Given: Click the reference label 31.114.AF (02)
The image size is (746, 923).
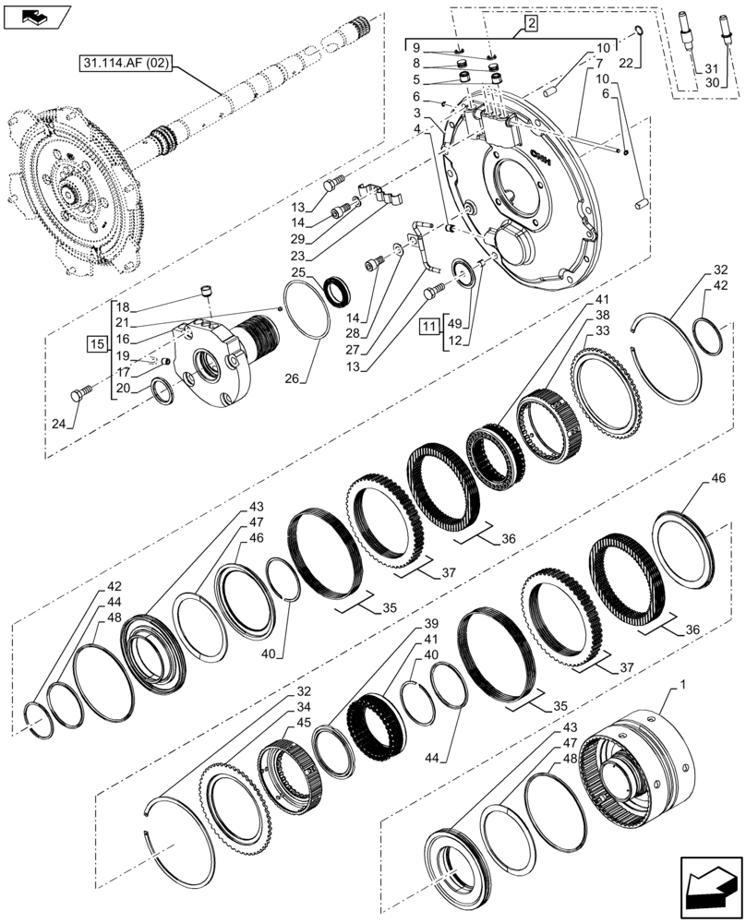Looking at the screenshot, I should (126, 63).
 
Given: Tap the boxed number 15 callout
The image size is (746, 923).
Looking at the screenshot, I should (97, 344).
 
